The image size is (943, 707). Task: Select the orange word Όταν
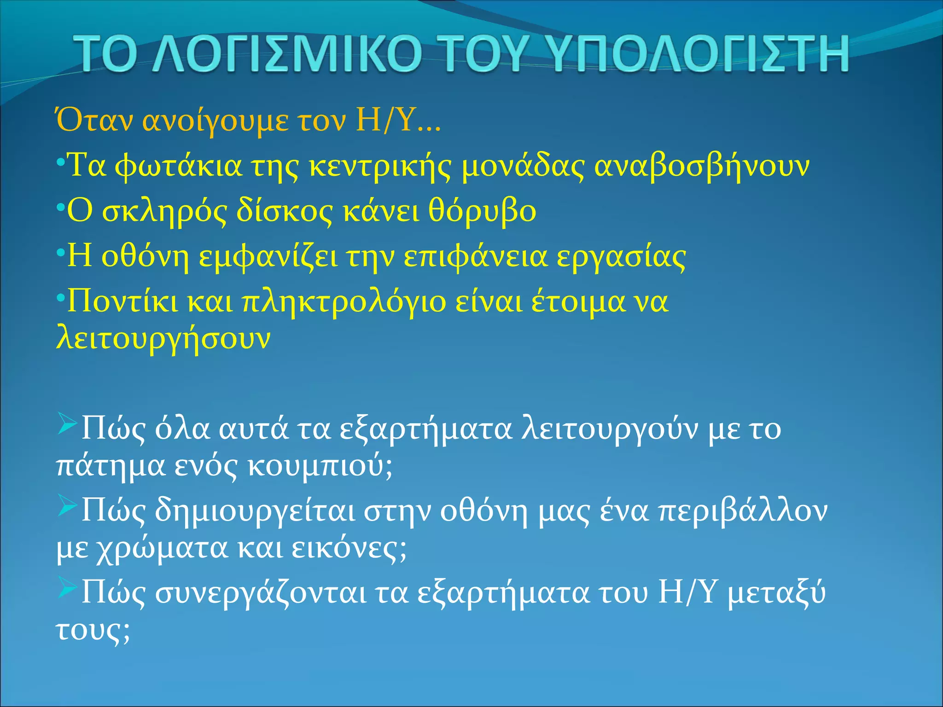click(94, 121)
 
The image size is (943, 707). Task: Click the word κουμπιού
click(320, 466)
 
